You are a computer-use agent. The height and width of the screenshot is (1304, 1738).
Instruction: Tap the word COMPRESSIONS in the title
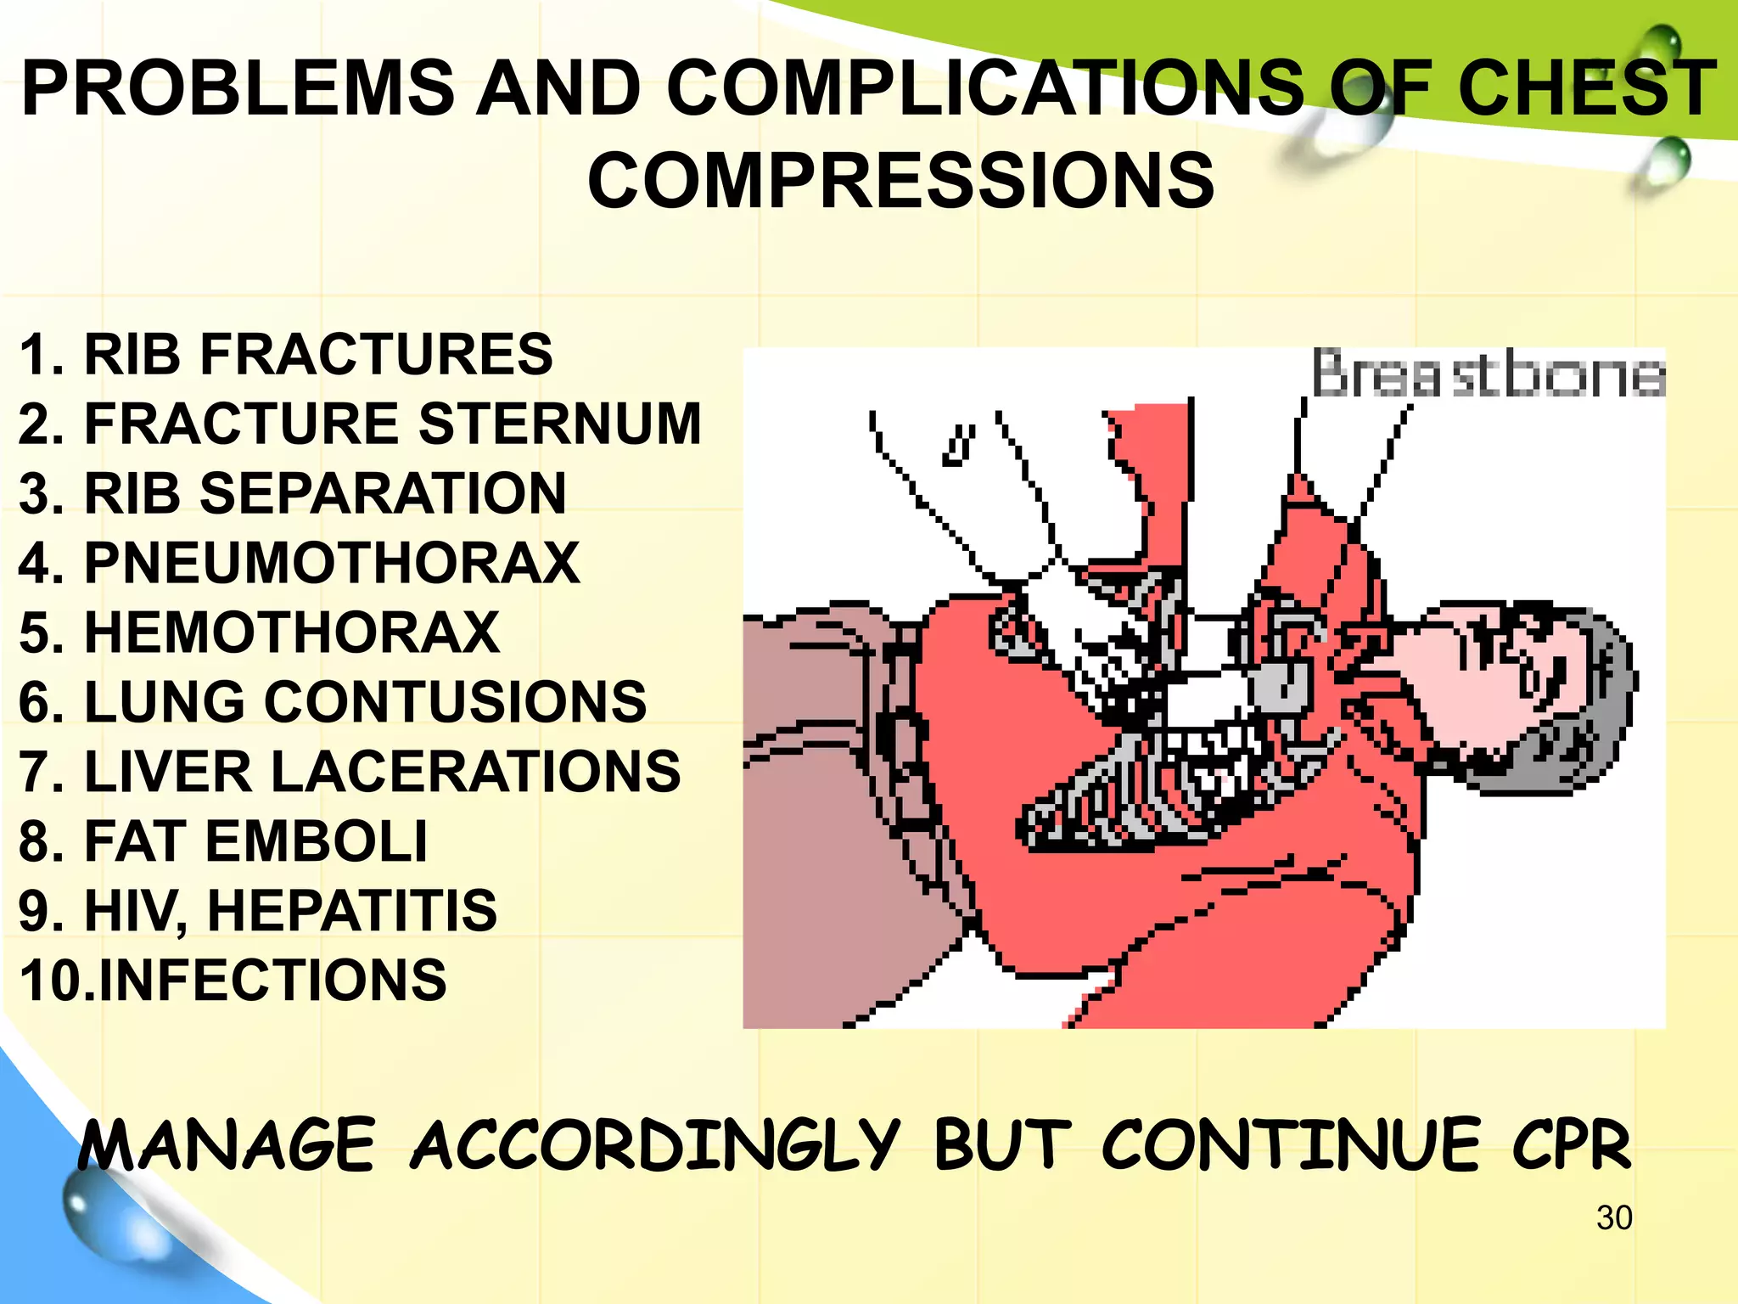[901, 180]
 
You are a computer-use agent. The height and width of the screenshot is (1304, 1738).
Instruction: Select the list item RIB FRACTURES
[285, 354]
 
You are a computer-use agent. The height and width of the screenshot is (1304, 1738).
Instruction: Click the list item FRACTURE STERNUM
[360, 424]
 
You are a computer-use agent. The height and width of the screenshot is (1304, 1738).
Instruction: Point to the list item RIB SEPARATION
[292, 493]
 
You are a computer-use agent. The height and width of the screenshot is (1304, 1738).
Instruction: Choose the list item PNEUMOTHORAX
[299, 563]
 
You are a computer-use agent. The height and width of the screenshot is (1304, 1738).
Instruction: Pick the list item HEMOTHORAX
[260, 632]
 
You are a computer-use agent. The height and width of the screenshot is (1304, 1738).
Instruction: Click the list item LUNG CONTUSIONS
[333, 702]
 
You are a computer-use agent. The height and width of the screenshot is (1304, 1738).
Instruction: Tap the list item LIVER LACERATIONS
[350, 772]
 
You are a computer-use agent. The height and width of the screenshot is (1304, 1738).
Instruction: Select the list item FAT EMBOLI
[222, 841]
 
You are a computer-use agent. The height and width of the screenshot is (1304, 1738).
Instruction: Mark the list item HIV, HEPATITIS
[258, 911]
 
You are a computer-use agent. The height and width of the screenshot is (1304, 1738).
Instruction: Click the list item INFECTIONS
[233, 981]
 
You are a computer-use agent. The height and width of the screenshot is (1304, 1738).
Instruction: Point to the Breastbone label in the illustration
[1488, 374]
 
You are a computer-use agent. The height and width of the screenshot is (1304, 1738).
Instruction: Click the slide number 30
[1613, 1218]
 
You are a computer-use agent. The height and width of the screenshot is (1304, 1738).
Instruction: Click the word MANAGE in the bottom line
[227, 1146]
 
